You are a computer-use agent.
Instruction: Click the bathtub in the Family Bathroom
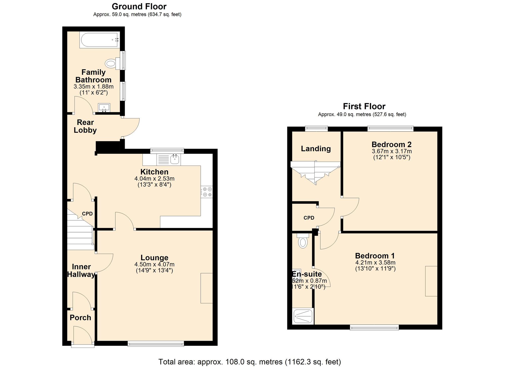pos(99,40)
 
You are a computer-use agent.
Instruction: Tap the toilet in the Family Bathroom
pos(111,63)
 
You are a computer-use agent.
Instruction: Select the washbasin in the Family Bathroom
pos(104,108)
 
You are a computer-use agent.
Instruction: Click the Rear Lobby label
pos(85,126)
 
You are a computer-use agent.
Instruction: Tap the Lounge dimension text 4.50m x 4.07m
pos(154,265)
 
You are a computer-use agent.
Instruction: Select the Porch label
pos(80,318)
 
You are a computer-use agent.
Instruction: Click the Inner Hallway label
pos(81,271)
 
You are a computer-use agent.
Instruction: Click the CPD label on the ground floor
pos(87,214)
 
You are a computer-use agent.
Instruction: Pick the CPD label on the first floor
pos(309,218)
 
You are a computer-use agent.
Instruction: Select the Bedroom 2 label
pos(391,144)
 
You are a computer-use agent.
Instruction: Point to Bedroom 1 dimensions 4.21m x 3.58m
pos(375,263)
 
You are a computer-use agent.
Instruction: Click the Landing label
pos(316,149)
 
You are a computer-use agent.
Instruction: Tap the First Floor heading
pos(364,106)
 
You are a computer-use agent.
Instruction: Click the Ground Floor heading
pos(139,6)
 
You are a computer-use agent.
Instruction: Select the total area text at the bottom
pos(249,362)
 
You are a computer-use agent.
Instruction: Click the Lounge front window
pos(156,344)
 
